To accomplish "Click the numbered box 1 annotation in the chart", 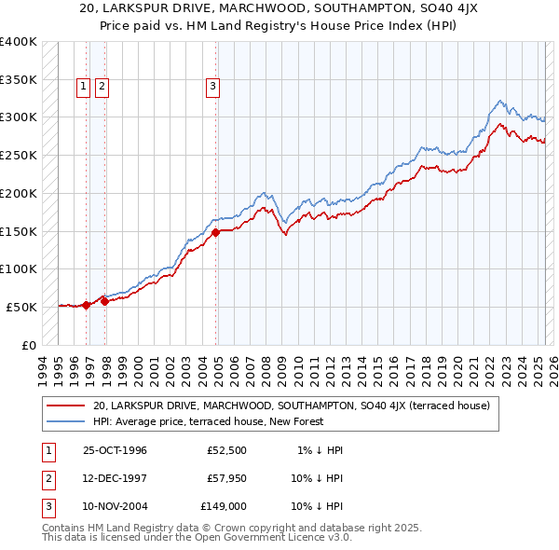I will (83, 88).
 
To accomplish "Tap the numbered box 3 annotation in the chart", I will (213, 88).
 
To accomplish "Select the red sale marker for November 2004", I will (215, 232).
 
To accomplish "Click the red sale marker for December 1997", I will (105, 300).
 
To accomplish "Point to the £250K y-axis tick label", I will (19, 155).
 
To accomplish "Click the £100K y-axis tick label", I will (19, 268).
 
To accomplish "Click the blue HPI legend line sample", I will (65, 421).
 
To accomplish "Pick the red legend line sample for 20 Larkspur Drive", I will (65, 406).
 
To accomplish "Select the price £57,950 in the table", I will (227, 478).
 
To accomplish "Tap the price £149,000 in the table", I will (224, 506).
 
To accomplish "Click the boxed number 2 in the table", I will (46, 478).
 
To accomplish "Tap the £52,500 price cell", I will (227, 450).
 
